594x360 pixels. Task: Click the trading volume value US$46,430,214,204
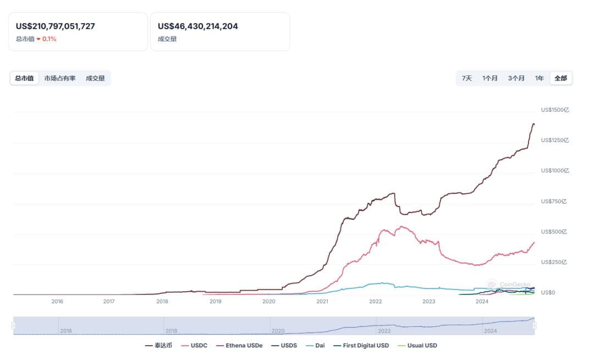coord(198,26)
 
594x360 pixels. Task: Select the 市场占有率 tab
coord(60,78)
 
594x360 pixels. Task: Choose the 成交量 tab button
coord(95,78)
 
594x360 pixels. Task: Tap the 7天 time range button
coord(467,78)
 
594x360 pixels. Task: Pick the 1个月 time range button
coord(490,78)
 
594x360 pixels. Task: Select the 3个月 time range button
coord(516,78)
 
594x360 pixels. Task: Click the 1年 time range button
coord(540,78)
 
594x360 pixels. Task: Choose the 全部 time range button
coord(560,78)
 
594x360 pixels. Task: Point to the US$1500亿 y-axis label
coord(555,110)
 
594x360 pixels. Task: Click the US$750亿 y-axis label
coord(553,201)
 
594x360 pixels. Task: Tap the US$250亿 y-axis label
coord(553,262)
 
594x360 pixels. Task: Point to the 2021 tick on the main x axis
coord(322,302)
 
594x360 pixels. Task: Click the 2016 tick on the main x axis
coord(57,302)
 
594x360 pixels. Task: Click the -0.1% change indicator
coord(47,39)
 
